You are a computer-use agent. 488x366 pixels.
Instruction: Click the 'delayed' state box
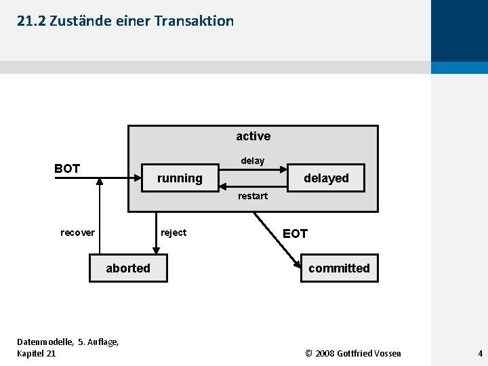[326, 178]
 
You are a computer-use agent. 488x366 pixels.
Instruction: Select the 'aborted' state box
[128, 268]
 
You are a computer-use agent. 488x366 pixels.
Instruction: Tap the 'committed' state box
[339, 268]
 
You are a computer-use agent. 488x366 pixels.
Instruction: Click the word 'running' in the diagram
[180, 178]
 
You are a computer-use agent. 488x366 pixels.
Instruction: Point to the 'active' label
[253, 136]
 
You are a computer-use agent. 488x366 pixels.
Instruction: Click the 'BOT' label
[67, 169]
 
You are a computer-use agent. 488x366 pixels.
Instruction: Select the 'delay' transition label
[253, 161]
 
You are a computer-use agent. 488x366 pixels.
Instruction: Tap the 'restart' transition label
[253, 196]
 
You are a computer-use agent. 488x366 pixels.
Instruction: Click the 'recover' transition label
[77, 232]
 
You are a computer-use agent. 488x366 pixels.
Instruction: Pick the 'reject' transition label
[174, 232]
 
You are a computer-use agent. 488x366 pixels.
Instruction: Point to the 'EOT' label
[295, 234]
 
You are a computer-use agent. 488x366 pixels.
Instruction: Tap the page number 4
[480, 353]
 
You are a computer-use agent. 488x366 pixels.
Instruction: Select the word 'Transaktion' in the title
[194, 21]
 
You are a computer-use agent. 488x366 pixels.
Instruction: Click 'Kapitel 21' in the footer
[37, 353]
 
